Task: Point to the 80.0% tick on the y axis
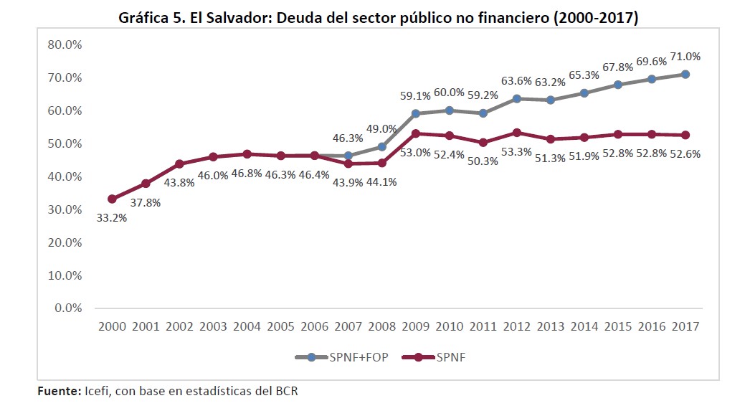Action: click(x=65, y=44)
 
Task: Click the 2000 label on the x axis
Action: click(x=112, y=326)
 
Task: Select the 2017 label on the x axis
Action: click(x=685, y=326)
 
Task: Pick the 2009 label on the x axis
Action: click(x=416, y=326)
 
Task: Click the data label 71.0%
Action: click(x=685, y=57)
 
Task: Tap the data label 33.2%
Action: click(x=112, y=217)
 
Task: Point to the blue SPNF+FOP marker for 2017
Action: click(x=685, y=75)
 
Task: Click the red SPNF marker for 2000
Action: click(x=112, y=199)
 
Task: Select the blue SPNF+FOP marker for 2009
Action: click(x=416, y=113)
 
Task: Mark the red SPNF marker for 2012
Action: click(x=517, y=133)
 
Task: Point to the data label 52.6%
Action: click(x=685, y=153)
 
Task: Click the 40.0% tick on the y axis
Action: click(x=65, y=176)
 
